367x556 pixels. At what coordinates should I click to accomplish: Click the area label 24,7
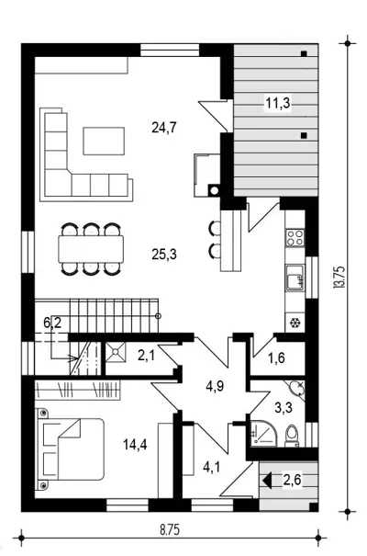coord(164,127)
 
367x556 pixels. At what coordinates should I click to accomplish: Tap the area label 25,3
coord(164,255)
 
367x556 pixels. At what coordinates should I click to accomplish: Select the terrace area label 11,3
coord(278,103)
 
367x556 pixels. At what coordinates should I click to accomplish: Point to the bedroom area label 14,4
coord(135,444)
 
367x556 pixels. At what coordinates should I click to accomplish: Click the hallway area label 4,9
coord(215,386)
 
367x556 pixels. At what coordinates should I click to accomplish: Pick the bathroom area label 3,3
coord(284,407)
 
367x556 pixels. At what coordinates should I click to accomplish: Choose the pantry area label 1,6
coord(276,357)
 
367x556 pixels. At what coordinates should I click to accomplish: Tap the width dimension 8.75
coord(170,530)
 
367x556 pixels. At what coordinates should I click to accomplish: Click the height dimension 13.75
coord(339,278)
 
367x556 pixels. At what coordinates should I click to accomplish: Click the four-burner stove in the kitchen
coord(295,238)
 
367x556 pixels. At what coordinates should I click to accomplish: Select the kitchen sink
coord(295,278)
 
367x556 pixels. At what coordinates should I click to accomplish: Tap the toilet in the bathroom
coord(293,436)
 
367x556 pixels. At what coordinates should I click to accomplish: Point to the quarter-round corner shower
coord(263,434)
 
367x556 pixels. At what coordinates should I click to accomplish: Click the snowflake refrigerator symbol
coord(295,323)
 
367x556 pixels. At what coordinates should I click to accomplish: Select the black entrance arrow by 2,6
coord(267,481)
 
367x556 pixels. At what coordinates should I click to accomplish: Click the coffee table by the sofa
coord(104,142)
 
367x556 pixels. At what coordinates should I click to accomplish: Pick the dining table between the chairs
coord(91,249)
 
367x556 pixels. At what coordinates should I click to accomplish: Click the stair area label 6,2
coord(52,323)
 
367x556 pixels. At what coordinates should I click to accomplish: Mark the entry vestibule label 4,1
coord(211,467)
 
